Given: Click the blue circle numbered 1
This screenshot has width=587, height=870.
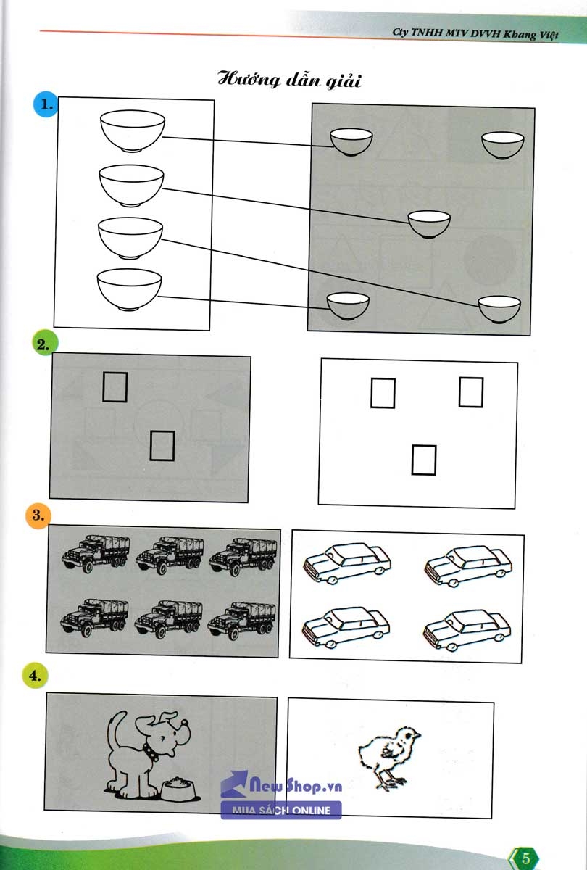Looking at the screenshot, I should click(x=47, y=105).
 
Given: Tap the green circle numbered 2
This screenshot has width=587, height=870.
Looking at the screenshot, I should click(x=46, y=344).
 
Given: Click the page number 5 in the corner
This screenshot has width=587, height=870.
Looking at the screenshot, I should click(x=527, y=857).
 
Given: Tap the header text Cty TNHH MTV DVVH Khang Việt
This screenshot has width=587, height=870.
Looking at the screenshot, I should click(x=475, y=33).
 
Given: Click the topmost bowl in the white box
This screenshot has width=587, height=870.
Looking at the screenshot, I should click(x=131, y=131).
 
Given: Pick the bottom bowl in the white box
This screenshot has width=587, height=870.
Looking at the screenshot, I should click(x=129, y=289).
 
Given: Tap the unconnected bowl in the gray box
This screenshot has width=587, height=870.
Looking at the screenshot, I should click(x=503, y=145).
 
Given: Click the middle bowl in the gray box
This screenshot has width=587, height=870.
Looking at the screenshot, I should click(x=429, y=224).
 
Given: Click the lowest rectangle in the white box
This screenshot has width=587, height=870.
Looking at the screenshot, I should click(x=424, y=460).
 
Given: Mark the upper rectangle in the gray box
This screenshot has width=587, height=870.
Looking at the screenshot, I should click(x=115, y=386).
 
